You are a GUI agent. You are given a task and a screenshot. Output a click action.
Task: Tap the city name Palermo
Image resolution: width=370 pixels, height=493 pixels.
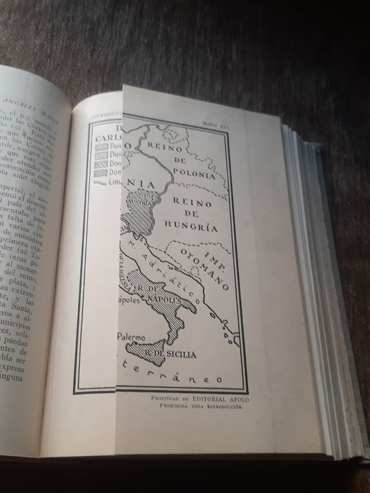135,335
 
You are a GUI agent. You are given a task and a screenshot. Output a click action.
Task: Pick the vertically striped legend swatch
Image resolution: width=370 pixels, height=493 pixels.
103,172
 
